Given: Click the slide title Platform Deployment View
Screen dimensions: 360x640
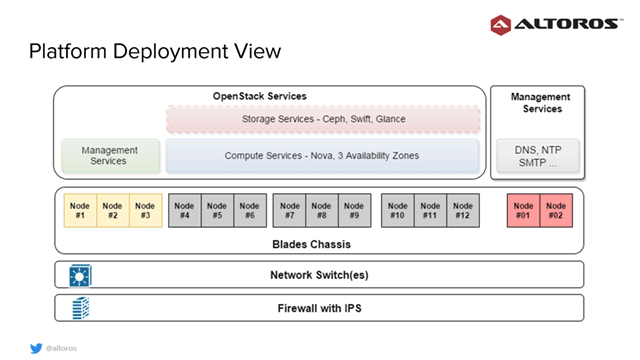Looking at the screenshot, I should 154,50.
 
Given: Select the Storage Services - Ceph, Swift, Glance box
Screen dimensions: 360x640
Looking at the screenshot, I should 323,120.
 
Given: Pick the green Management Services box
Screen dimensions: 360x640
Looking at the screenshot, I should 110,156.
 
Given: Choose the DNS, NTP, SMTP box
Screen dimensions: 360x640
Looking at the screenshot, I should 539,156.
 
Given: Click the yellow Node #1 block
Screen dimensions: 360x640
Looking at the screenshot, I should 80,211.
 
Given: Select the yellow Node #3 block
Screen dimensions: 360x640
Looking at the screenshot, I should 145,211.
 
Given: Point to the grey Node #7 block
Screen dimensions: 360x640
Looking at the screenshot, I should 289,211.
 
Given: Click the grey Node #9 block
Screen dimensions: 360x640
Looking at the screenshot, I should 354,211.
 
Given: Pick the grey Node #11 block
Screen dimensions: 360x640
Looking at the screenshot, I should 430,211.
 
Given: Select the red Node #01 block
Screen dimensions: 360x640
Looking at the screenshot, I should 524,211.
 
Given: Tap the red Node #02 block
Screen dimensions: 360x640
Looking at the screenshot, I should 556,211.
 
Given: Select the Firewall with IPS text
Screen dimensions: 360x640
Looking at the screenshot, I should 317,308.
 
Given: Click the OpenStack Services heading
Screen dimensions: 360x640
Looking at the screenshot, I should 259,96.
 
